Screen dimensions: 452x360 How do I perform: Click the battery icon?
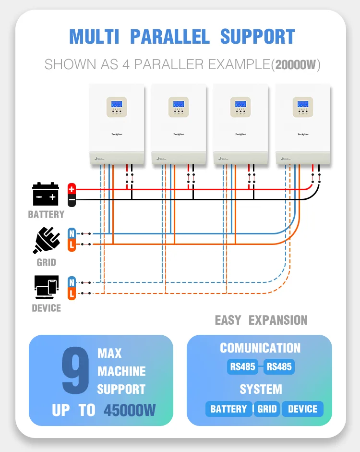click(x=46, y=194)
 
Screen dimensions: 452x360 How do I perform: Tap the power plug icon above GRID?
click(x=46, y=239)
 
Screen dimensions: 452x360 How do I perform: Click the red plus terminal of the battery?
click(x=72, y=188)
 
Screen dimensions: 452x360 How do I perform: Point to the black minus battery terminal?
click(x=72, y=199)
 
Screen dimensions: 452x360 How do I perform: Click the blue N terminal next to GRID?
click(x=72, y=233)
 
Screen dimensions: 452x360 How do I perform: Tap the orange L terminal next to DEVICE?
click(x=72, y=293)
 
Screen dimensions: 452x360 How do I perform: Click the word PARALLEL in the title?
click(x=170, y=37)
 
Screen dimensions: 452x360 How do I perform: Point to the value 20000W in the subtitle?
click(x=295, y=64)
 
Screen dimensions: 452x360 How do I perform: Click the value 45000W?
click(x=130, y=410)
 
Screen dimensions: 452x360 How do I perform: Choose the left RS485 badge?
click(x=242, y=367)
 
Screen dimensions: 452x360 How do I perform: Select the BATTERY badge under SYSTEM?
click(x=228, y=409)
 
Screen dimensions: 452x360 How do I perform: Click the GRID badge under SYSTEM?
click(x=267, y=409)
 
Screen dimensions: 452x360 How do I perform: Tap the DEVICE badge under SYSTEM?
click(x=302, y=409)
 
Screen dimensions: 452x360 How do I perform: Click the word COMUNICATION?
click(x=260, y=348)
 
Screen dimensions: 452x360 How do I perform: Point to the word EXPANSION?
click(x=278, y=320)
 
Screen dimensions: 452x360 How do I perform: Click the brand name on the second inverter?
click(x=178, y=134)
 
